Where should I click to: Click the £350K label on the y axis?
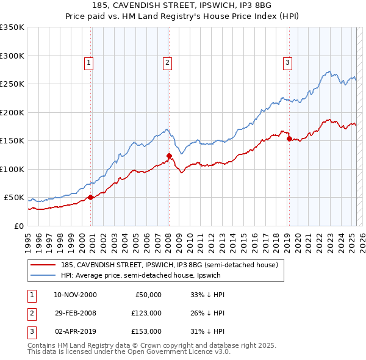click(12, 27)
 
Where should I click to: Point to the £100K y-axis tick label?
click(12, 169)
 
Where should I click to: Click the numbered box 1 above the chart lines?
click(88, 62)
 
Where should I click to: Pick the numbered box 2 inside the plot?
click(167, 62)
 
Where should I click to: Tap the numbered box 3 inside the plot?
click(287, 62)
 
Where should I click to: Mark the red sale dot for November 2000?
click(91, 197)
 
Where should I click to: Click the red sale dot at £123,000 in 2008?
click(169, 156)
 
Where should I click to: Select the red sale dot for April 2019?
click(289, 139)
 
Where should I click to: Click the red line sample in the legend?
click(43, 265)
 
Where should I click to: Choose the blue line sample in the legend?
click(43, 275)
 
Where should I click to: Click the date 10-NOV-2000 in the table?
click(75, 295)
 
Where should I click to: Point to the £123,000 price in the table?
click(147, 313)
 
